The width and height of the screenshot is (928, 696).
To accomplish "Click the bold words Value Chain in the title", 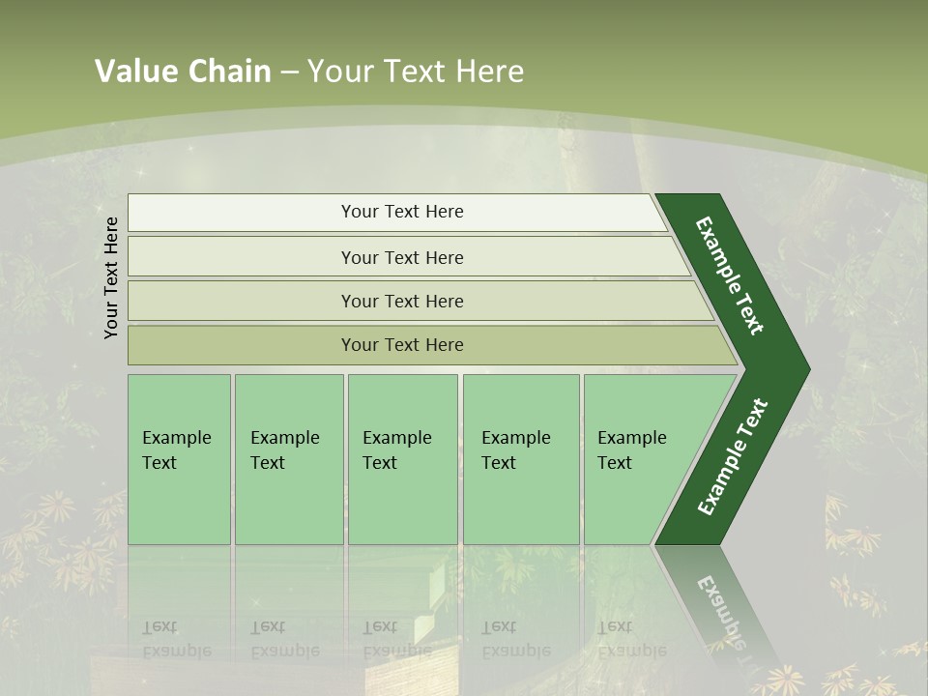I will tap(183, 72).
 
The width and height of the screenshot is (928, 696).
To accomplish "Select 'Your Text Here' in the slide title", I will tap(416, 72).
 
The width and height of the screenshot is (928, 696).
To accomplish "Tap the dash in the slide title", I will tap(289, 72).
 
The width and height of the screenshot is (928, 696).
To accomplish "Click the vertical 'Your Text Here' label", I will tap(111, 277).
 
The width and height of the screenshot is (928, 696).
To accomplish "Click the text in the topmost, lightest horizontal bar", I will tap(402, 212).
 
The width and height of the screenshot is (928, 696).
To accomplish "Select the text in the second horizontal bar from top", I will tap(402, 258).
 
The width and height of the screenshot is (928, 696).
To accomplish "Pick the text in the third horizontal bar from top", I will tap(402, 302).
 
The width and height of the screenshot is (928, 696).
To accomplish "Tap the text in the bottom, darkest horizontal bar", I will tap(402, 345).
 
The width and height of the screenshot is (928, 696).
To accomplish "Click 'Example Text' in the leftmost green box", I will tap(176, 450).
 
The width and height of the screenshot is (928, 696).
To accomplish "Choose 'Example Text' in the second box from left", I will tap(284, 450).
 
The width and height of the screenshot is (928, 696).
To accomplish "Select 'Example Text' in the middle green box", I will tap(396, 450).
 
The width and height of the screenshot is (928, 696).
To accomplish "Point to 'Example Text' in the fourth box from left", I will tap(515, 450).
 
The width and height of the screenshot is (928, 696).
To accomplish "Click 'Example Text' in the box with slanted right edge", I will tap(631, 450).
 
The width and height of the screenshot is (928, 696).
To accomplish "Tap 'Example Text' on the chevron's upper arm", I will tap(730, 275).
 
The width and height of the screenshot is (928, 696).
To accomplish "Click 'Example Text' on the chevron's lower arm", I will tap(732, 457).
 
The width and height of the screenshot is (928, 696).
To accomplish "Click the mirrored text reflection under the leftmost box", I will tap(176, 639).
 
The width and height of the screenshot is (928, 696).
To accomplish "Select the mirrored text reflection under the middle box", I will tap(396, 639).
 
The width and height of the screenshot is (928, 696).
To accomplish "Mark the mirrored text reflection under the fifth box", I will tap(631, 639).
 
